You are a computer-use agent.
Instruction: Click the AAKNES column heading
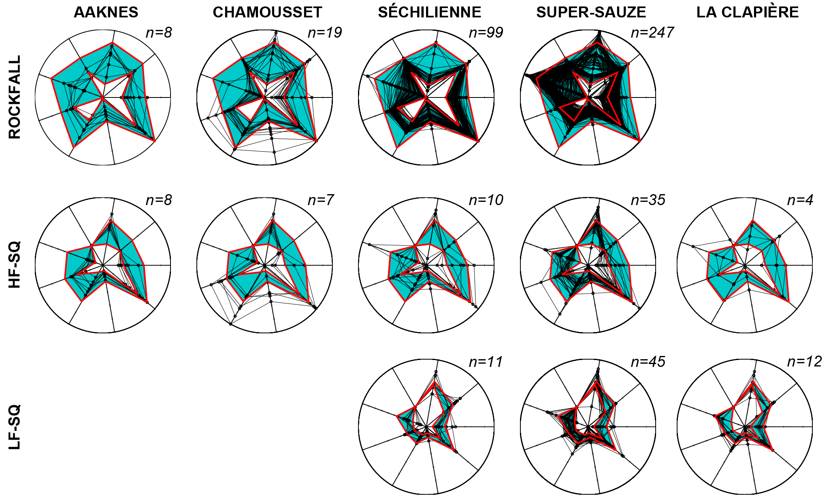pyautogui.click(x=106, y=13)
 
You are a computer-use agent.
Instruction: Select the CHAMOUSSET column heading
pyautogui.click(x=267, y=13)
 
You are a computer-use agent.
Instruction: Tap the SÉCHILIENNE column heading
pyautogui.click(x=430, y=13)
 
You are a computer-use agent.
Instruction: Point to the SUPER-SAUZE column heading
pyautogui.click(x=591, y=13)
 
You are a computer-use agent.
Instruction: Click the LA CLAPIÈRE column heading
pyautogui.click(x=748, y=13)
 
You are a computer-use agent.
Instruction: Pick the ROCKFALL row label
pyautogui.click(x=15, y=97)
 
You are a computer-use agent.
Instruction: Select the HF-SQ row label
pyautogui.click(x=15, y=265)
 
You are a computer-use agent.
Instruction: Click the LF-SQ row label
pyautogui.click(x=15, y=427)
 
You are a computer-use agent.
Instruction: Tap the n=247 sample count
pyautogui.click(x=652, y=33)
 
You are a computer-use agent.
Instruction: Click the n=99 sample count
pyautogui.click(x=486, y=33)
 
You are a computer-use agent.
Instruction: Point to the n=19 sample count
pyautogui.click(x=325, y=33)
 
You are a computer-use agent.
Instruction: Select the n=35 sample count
pyautogui.click(x=648, y=200)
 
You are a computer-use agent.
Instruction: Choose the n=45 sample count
pyautogui.click(x=648, y=362)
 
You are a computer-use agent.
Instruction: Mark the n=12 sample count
pyautogui.click(x=804, y=362)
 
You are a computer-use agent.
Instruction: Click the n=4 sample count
pyautogui.click(x=800, y=200)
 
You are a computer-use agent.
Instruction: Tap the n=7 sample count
pyautogui.click(x=321, y=200)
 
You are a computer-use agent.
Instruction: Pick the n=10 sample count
pyautogui.click(x=486, y=200)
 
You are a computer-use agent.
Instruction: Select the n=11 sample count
pyautogui.click(x=486, y=362)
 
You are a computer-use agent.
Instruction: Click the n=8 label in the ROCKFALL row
pyautogui.click(x=159, y=33)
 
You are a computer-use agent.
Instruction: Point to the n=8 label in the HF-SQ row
pyautogui.click(x=159, y=200)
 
